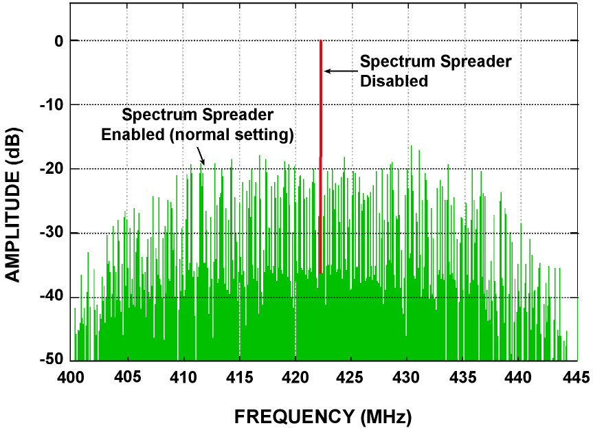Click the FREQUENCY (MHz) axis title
[x=323, y=416]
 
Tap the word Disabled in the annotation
[x=394, y=81]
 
